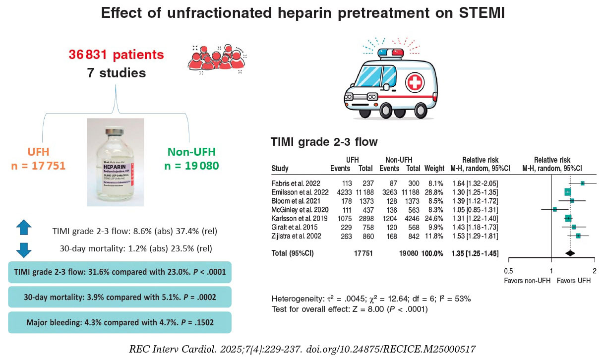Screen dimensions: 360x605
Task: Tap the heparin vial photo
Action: [x=116, y=162]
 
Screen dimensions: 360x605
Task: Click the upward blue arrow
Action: [x=24, y=228]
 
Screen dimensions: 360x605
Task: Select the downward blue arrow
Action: [x=24, y=249]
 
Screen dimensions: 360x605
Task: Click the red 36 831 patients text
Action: [x=116, y=55]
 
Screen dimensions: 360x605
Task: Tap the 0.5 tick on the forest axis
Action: [x=508, y=271]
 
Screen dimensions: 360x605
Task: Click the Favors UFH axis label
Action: [x=574, y=281]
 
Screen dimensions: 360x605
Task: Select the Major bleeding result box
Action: [x=120, y=322]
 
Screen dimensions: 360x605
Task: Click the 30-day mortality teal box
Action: [x=120, y=297]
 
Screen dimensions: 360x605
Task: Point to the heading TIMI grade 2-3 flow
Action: [x=324, y=142]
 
